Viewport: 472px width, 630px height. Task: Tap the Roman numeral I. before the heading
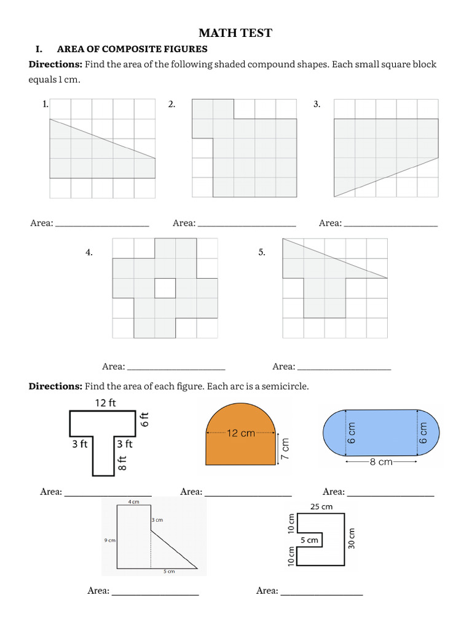click(x=36, y=49)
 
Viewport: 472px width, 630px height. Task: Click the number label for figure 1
click(x=45, y=105)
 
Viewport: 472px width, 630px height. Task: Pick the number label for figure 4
click(x=89, y=252)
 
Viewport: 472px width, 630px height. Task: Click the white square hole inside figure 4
click(x=165, y=288)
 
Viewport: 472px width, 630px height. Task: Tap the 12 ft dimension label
click(x=105, y=403)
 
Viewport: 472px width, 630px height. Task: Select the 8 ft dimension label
click(x=122, y=462)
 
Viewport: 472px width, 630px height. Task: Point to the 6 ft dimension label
click(x=146, y=420)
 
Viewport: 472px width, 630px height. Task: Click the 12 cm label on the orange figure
click(x=240, y=433)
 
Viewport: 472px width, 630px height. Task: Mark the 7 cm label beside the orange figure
click(x=284, y=449)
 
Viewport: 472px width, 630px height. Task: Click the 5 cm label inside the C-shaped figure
click(x=309, y=540)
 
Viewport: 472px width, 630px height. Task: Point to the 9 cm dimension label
click(x=111, y=540)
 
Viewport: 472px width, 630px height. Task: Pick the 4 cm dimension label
click(x=133, y=502)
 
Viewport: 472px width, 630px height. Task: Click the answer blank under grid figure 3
click(x=391, y=224)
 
